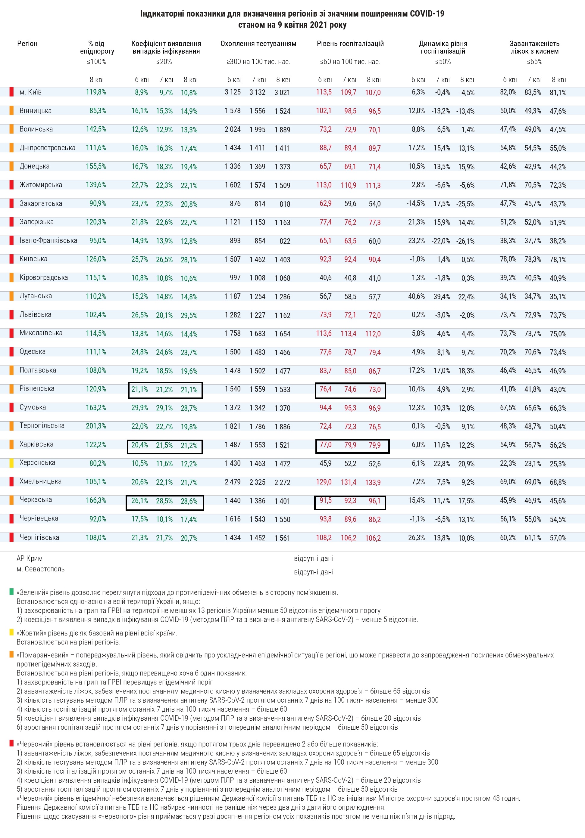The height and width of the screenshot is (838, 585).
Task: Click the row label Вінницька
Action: [x=36, y=111]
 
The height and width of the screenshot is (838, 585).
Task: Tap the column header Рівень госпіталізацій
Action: [x=350, y=44]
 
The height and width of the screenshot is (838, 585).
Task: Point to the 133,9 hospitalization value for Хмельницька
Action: [x=373, y=482]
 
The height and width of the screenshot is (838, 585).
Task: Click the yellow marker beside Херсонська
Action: [x=12, y=463]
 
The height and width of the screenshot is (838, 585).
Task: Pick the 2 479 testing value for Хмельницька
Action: [x=233, y=482]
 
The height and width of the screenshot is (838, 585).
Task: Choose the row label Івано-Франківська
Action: [x=48, y=240]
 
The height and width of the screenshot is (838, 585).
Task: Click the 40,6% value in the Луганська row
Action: [x=416, y=296]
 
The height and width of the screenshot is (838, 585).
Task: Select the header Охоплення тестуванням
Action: [x=258, y=44]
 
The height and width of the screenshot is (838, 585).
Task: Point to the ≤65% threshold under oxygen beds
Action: [x=535, y=62]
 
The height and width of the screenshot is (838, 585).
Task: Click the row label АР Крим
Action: [x=30, y=558]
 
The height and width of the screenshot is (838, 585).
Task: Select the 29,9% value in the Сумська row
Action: [x=139, y=407]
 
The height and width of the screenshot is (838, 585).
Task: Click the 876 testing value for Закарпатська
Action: [x=235, y=203]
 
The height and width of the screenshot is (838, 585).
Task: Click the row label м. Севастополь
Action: [x=41, y=569]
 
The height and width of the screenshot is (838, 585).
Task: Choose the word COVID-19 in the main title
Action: [x=427, y=14]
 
